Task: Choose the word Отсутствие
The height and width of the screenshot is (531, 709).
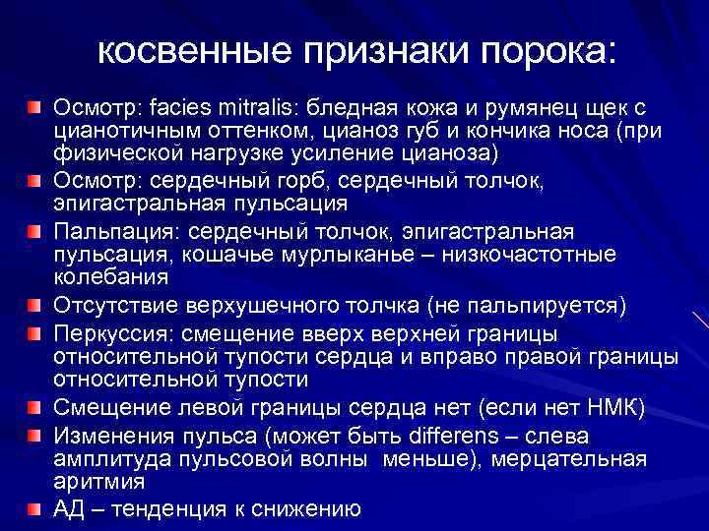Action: pyautogui.click(x=116, y=306)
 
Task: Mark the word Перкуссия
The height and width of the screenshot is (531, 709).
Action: pyautogui.click(x=111, y=330)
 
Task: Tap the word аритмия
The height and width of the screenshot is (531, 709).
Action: pyautogui.click(x=98, y=483)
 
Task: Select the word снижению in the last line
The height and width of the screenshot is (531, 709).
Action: pyautogui.click(x=311, y=508)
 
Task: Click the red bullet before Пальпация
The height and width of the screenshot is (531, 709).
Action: pyautogui.click(x=35, y=232)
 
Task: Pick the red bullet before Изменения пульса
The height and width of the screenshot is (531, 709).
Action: pyautogui.click(x=35, y=433)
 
